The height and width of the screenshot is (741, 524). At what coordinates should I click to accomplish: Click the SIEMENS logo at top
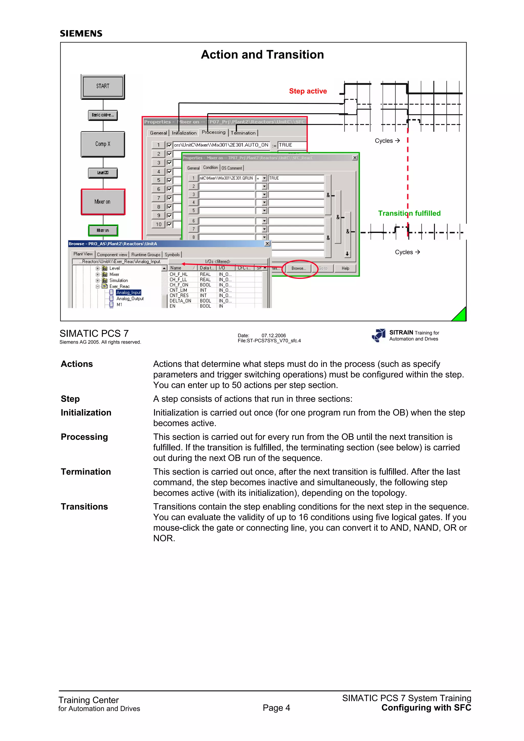81,33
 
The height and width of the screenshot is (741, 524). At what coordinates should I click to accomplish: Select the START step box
103,86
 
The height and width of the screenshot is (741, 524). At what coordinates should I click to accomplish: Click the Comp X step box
103,144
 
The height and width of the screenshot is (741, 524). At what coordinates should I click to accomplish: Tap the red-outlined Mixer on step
103,202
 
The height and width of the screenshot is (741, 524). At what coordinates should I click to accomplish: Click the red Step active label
308,91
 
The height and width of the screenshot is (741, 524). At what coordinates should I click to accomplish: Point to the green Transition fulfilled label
409,213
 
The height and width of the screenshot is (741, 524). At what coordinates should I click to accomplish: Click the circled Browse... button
299,268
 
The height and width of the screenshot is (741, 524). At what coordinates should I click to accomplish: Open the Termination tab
243,133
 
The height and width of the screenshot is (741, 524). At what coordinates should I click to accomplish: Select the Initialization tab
184,133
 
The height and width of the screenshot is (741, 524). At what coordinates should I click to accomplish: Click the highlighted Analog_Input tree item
128,293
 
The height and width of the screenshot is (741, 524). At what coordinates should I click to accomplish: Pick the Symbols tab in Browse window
172,255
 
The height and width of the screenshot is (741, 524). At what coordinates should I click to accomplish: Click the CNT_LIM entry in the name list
178,290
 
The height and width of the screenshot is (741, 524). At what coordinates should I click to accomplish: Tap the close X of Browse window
267,244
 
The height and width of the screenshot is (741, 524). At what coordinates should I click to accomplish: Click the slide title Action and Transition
262,54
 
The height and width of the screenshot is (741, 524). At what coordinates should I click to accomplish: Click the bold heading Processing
84,437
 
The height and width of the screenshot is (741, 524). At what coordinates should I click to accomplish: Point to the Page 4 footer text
276,708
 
